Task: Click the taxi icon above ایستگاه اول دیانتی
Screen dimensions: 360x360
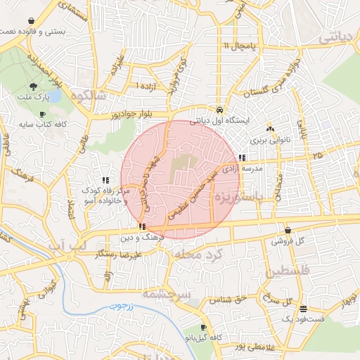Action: pyautogui.click(x=220, y=110)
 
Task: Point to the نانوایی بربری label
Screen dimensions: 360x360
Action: pyautogui.click(x=270, y=140)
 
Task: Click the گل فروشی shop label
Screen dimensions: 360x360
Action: pyautogui.click(x=289, y=241)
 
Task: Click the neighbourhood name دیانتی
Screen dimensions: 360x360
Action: pyautogui.click(x=338, y=39)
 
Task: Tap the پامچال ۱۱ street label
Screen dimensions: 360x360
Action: pyautogui.click(x=241, y=46)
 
